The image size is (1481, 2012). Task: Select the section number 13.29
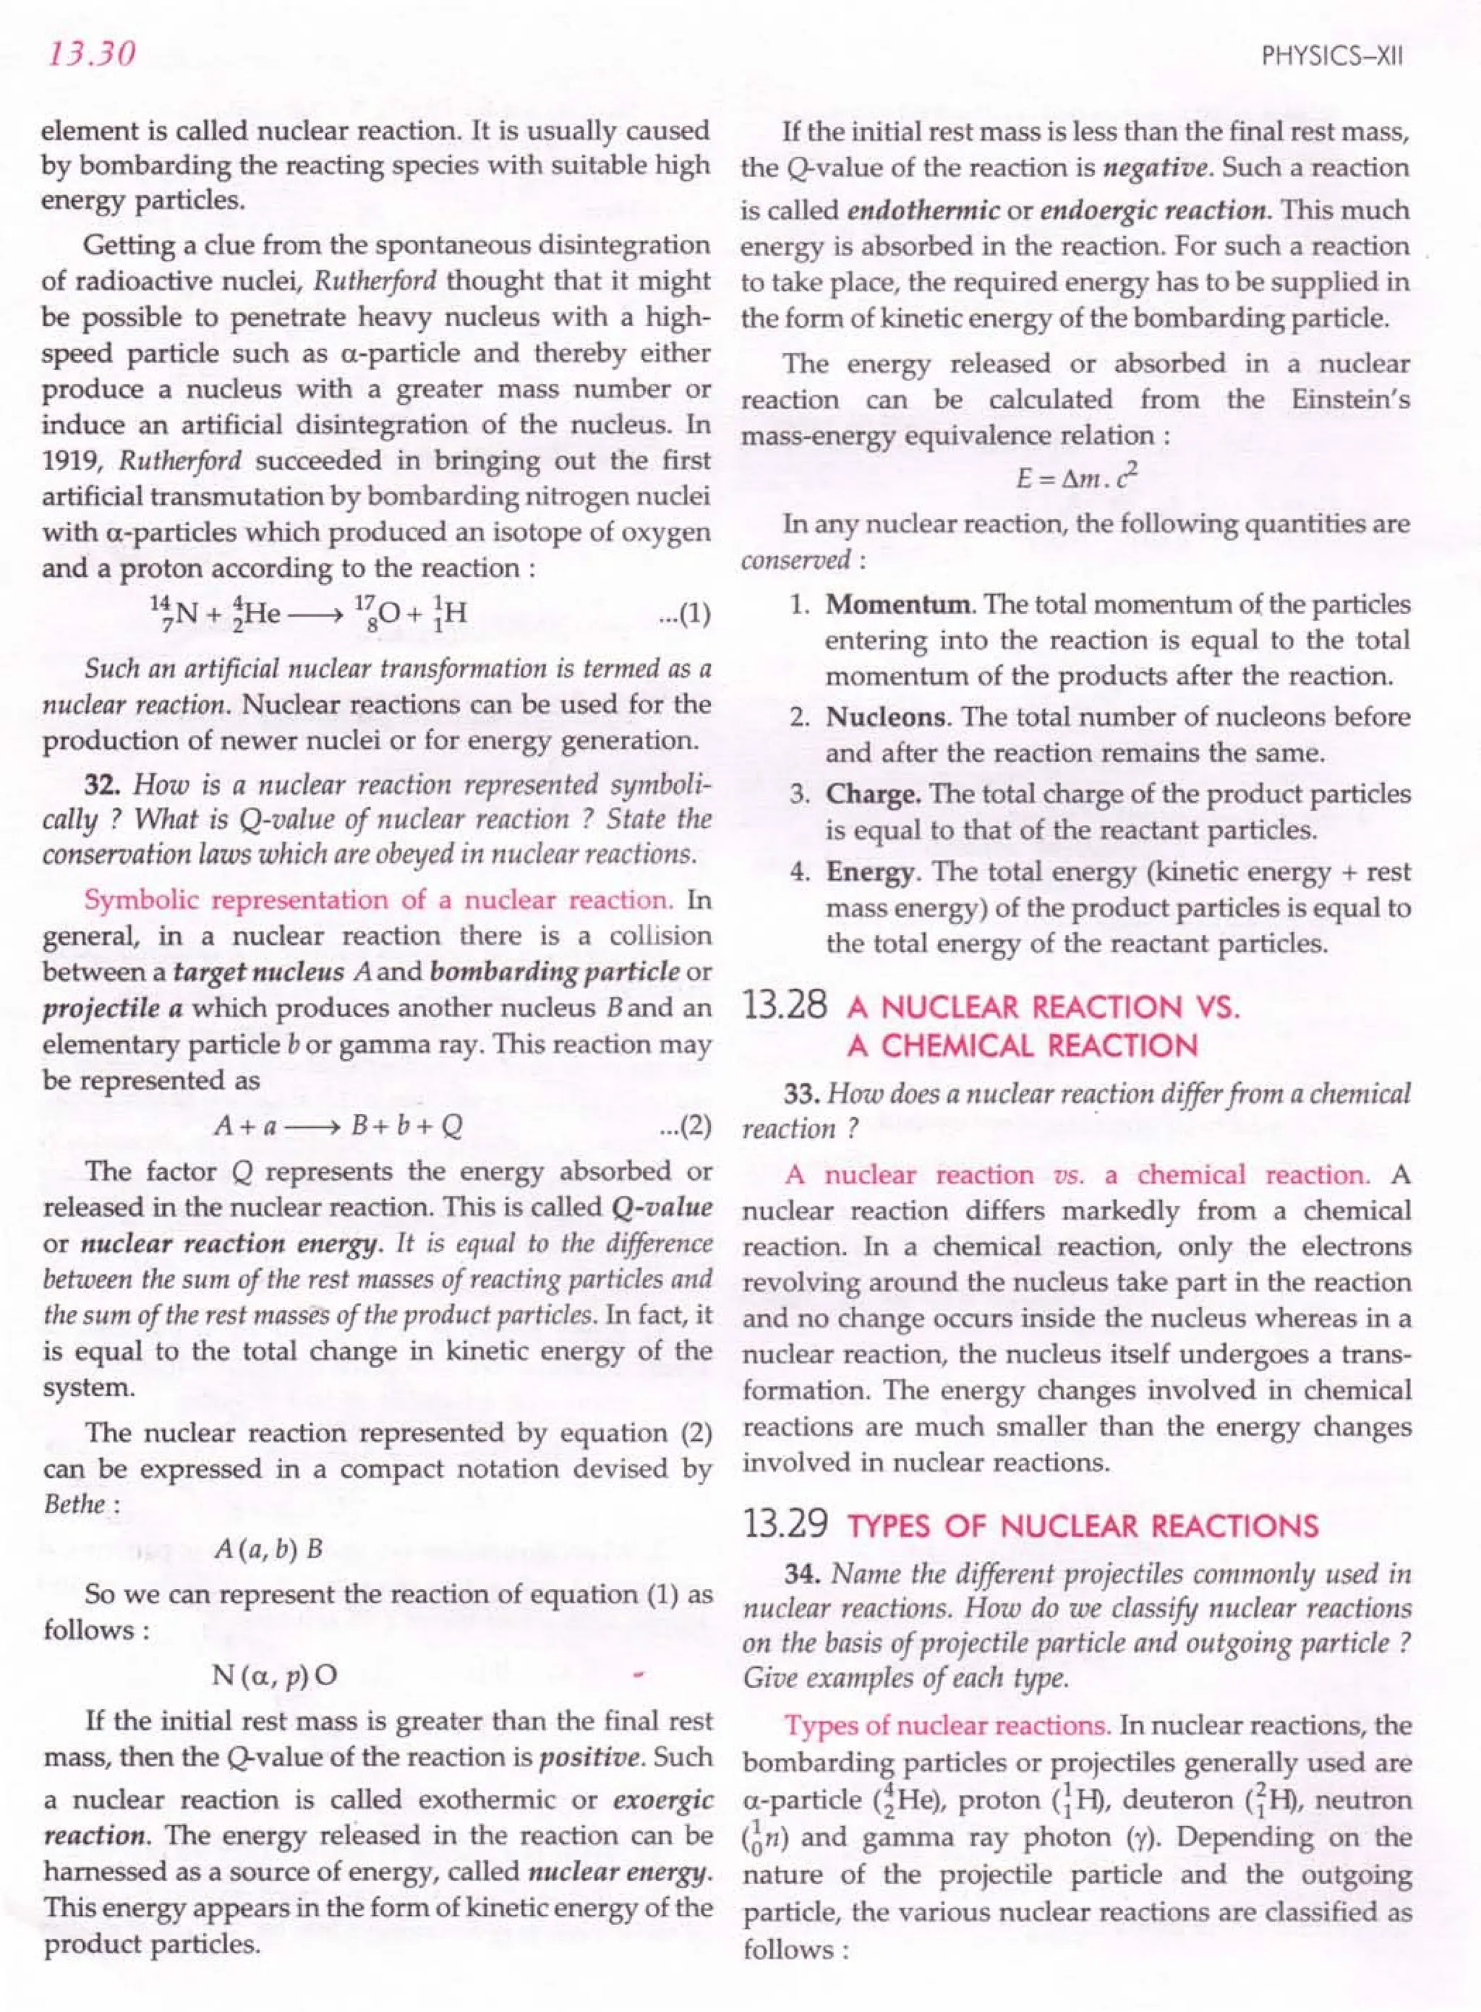tap(785, 1525)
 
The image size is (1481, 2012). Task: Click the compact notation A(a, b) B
tap(269, 1549)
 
